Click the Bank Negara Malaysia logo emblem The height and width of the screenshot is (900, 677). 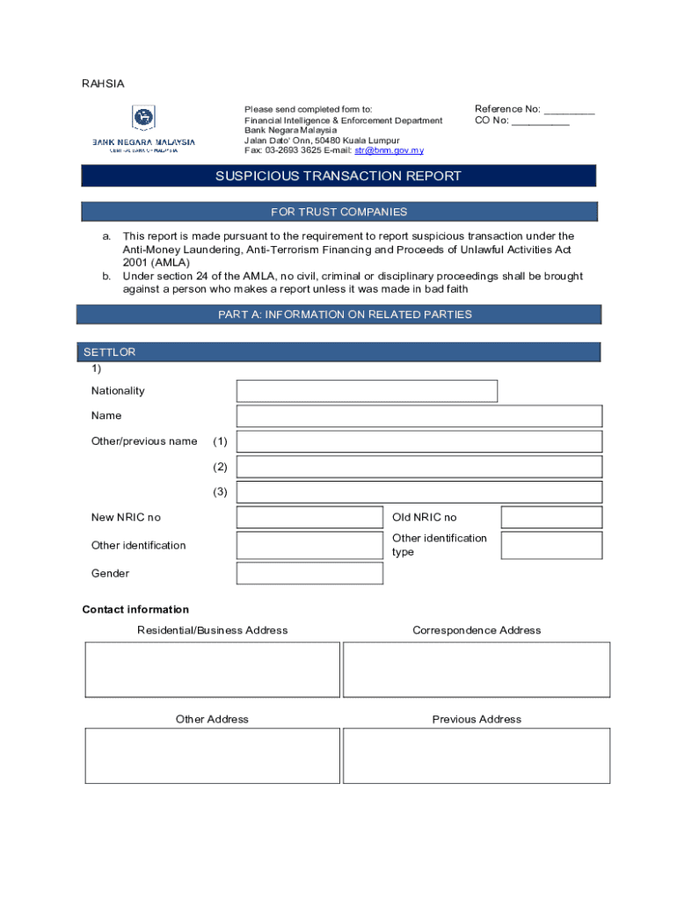[143, 118]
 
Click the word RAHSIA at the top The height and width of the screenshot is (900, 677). [103, 83]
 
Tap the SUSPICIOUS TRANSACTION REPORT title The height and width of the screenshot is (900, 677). [338, 176]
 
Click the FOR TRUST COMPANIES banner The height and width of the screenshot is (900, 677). [338, 212]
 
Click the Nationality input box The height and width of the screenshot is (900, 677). [367, 391]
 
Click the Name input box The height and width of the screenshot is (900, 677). [419, 416]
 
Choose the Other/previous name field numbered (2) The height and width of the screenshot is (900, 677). [419, 467]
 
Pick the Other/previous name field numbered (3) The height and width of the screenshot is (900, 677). [419, 492]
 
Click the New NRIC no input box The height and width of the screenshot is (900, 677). [309, 518]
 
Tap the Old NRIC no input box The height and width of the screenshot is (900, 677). [551, 518]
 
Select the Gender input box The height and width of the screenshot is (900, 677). [309, 573]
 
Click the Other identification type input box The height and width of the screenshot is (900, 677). [551, 545]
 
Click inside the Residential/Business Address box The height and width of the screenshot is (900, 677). [212, 670]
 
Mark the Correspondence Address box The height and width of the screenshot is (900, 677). [476, 670]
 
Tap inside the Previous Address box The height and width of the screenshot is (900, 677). [476, 756]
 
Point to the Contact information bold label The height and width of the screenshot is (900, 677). [135, 609]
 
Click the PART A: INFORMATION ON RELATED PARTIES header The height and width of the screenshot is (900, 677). [338, 315]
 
